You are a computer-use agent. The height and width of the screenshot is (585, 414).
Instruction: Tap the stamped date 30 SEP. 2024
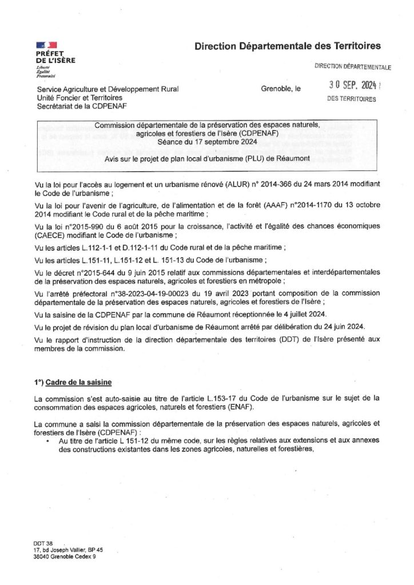pyautogui.click(x=346, y=86)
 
